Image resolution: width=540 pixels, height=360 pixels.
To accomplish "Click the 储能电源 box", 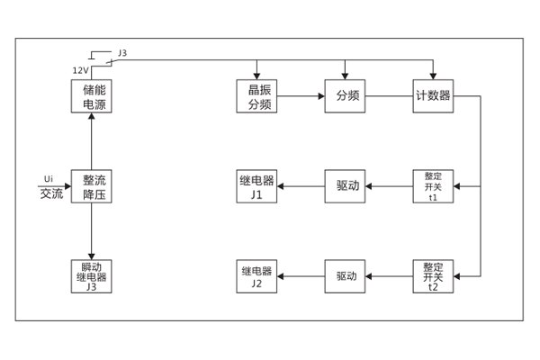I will coord(92,96).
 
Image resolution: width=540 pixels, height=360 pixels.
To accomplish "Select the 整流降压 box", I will coord(92,187).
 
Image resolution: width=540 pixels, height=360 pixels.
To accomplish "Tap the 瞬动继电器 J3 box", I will coord(92,276).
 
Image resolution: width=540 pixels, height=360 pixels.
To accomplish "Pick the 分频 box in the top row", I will coord(347,96).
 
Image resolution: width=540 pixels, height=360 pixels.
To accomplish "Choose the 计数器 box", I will coord(434,96).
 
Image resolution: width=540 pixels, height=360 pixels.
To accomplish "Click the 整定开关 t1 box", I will coord(434,187).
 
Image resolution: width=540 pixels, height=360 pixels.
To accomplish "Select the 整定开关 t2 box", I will coord(434,276).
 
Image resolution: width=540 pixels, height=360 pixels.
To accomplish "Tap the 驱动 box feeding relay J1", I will coord(347,187).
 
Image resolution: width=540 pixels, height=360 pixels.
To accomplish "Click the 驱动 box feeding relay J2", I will coord(347,276).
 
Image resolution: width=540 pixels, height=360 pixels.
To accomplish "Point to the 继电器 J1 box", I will coord(257,187).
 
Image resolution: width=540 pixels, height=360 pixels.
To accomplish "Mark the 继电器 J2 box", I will coord(257,276).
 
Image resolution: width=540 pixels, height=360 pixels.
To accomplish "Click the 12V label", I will coord(80,70).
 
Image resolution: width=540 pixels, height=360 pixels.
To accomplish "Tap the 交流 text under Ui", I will coord(51,194).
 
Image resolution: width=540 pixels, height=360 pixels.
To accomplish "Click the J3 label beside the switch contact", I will coord(122,54).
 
